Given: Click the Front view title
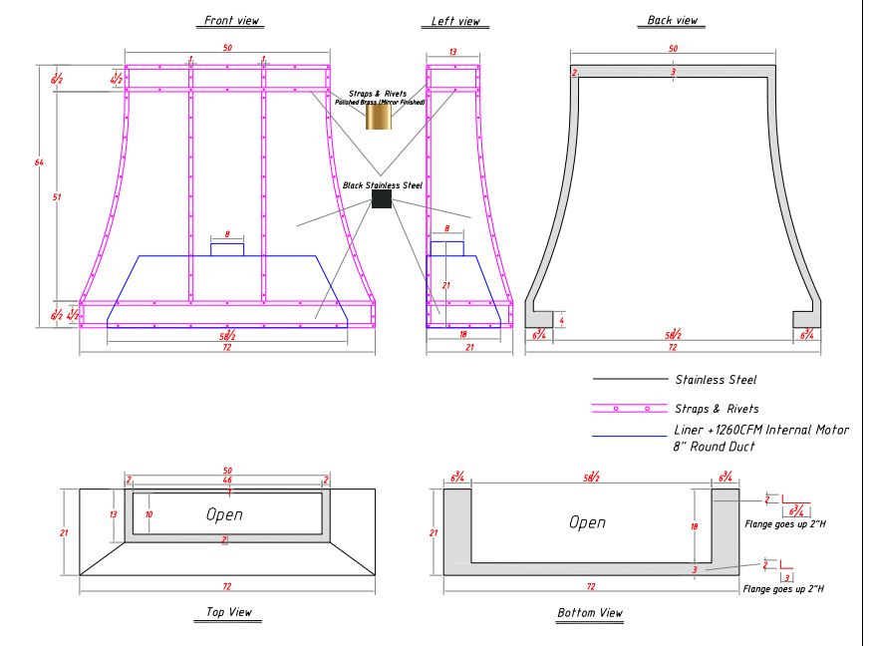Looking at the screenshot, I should [x=228, y=20].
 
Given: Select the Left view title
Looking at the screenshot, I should [x=455, y=20].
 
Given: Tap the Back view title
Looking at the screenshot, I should [x=673, y=20].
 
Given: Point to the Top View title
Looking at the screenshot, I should [x=228, y=612].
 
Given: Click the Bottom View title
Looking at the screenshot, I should [x=591, y=612].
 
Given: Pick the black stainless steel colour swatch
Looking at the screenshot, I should [x=381, y=198].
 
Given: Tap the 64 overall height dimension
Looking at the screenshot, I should [x=39, y=161].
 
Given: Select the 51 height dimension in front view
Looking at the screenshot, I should [x=57, y=197].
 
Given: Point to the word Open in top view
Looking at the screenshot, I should [x=225, y=514].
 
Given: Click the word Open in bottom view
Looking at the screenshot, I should [x=588, y=521].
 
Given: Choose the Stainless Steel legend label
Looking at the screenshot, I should [x=715, y=379].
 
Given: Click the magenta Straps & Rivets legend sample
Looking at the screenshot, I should [x=628, y=408].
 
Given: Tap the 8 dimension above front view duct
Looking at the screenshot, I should [x=227, y=234].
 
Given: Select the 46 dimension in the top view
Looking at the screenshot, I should [x=227, y=481].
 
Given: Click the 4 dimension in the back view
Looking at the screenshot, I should [x=562, y=321].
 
